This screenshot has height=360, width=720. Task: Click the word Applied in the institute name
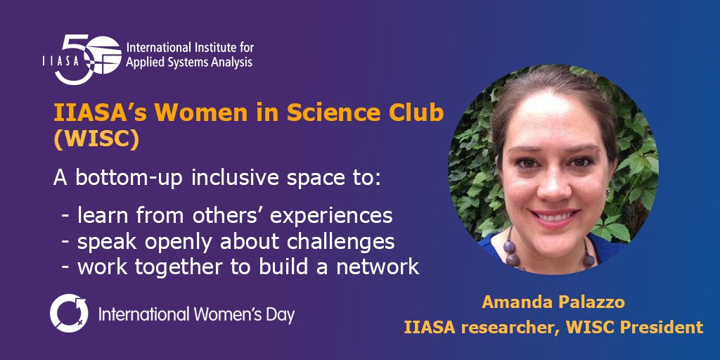[144, 63]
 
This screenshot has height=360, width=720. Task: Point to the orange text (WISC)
[96, 140]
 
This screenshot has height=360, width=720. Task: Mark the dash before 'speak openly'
[65, 242]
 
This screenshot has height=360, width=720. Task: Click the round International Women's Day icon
[69, 314]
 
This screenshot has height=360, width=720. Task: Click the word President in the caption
[665, 327]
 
